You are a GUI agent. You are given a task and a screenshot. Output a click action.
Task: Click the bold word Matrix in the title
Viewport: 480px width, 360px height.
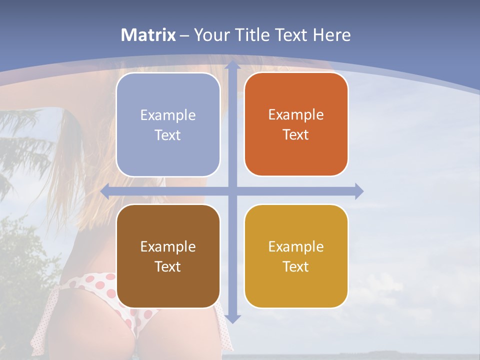tap(148, 35)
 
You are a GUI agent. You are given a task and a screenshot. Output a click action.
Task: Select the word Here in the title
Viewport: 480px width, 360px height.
tap(331, 35)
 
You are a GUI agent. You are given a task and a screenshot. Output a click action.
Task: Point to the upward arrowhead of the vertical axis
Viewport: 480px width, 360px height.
tap(232, 65)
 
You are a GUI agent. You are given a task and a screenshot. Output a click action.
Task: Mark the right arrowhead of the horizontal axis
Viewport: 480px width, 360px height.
tap(358, 191)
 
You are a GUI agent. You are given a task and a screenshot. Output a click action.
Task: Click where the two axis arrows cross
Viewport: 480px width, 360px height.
tap(232, 191)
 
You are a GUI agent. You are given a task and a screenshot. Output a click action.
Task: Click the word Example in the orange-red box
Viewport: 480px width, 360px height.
tap(296, 115)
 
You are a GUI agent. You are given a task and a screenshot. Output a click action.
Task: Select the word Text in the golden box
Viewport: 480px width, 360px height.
tap(296, 266)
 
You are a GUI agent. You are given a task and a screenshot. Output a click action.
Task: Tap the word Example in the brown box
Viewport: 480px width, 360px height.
tap(168, 246)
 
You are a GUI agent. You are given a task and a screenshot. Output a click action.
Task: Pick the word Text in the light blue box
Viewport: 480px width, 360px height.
tap(168, 135)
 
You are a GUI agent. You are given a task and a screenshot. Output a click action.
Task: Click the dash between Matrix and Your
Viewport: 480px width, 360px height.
tap(184, 35)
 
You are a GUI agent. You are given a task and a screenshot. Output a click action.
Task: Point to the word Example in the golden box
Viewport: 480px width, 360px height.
tap(296, 246)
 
